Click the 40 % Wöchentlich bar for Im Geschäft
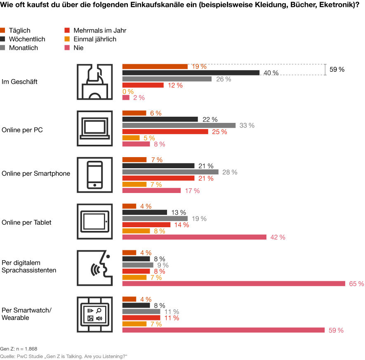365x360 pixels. pos(191,73)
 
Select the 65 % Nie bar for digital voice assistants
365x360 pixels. pos(234,283)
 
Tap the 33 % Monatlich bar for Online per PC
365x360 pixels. pos(179,125)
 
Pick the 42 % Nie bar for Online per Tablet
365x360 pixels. pos(194,237)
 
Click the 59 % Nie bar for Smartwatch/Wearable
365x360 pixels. pos(224,330)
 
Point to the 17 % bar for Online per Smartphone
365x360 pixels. pos(151,191)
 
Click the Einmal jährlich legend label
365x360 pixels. pos(95,39)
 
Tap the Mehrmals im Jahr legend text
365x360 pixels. pos(100,31)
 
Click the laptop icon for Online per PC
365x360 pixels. pos(94,128)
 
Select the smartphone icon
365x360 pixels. pos(94,174)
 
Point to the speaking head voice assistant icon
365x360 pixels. pos(94,268)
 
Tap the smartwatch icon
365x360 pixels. pos(94,314)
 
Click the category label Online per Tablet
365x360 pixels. pos(26,222)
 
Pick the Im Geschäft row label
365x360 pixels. pos(19,82)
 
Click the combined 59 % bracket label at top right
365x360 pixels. pos(337,70)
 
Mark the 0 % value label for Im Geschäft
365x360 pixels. pos(128,92)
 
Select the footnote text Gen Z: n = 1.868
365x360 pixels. pos(19,349)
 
